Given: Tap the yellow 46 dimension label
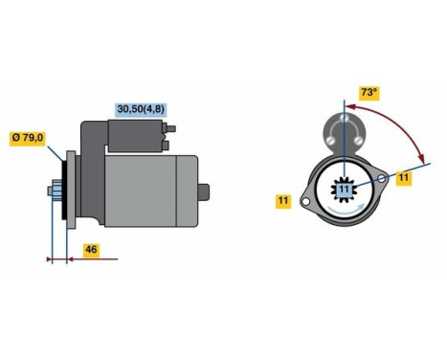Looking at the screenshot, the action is coord(92,250).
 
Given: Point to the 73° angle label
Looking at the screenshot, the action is coord(368,92).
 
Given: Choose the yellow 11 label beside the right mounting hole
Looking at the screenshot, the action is coord(403,178).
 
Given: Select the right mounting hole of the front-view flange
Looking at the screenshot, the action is coord(383,179).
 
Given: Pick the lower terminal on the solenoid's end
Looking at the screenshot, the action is coord(167,145).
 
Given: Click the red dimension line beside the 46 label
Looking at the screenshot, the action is coord(81,259).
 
